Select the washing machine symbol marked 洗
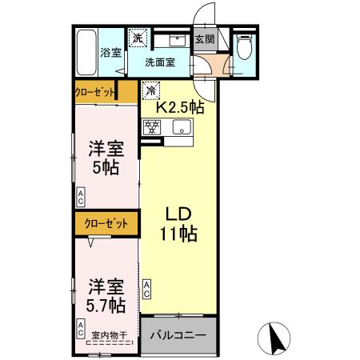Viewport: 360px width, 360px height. tap(138, 37)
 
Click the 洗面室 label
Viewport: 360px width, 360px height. tap(161, 62)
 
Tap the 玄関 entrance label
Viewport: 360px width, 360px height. tap(205, 38)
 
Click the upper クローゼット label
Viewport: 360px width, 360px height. tap(95, 92)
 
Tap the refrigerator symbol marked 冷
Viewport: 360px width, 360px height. tap(150, 90)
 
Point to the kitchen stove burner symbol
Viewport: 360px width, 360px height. tap(150, 126)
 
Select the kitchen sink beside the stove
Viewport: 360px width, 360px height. tap(181, 127)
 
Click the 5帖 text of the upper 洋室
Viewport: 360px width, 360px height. tap(105, 168)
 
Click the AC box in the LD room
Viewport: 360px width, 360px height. tap(147, 289)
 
